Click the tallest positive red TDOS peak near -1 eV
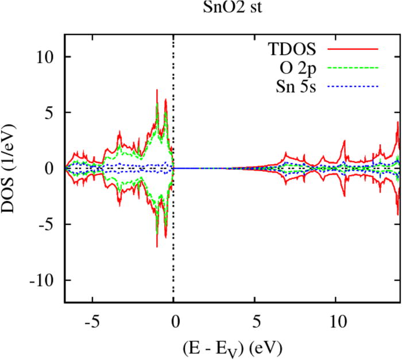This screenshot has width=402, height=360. (156, 90)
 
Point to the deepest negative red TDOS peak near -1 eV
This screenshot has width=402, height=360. (156, 246)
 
